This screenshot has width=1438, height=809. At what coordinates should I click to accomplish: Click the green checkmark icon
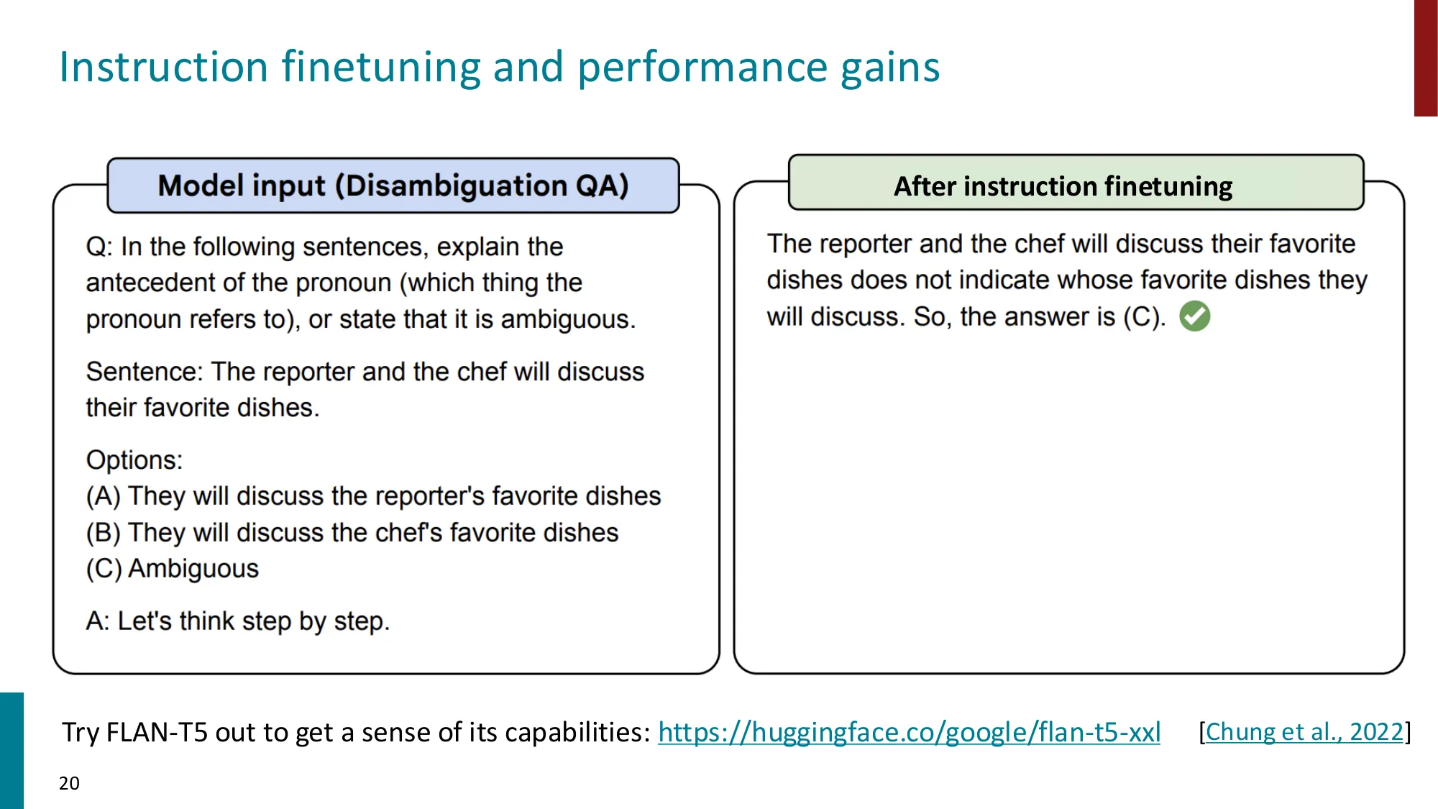1194,316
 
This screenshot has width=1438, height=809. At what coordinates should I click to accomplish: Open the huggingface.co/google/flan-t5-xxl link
909,732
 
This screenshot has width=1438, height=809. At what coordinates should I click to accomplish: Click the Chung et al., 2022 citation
1304,732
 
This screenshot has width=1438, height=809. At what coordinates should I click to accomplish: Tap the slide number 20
69,783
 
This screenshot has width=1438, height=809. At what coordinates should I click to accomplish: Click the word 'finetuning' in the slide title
380,67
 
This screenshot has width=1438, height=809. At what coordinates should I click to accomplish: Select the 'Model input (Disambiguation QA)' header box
393,186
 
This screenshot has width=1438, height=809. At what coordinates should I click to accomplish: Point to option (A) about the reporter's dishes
373,496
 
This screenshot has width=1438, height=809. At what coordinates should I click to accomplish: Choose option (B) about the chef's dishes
352,533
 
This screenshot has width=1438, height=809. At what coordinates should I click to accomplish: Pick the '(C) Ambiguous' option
173,569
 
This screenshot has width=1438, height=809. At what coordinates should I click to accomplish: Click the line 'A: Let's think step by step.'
237,621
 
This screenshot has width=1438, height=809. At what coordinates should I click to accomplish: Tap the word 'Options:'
134,460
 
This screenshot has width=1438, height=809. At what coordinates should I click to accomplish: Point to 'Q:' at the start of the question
99,247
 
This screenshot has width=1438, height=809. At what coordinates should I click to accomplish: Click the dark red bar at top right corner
1425,58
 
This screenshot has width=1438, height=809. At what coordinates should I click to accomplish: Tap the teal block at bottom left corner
12,750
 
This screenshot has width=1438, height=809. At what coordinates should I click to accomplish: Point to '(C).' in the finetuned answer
1145,317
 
